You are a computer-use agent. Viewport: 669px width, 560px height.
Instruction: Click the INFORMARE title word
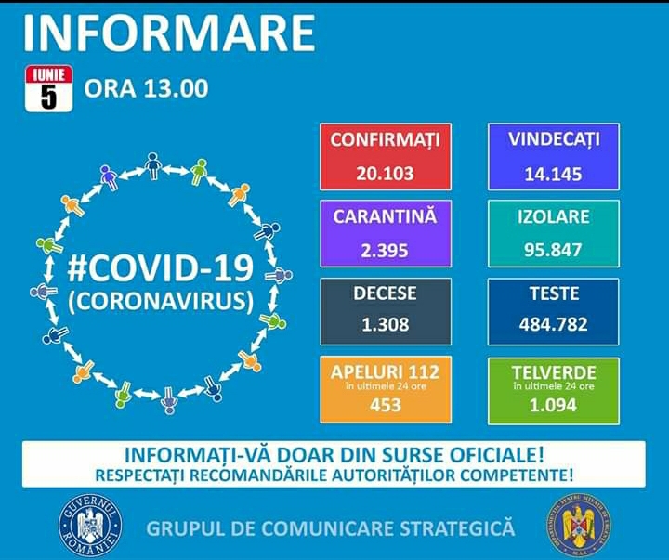[x=168, y=33]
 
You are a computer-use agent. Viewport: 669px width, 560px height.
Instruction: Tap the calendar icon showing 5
[x=48, y=89]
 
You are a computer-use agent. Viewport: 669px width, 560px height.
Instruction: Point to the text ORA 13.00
[x=146, y=88]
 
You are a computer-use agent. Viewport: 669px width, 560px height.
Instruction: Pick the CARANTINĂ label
[x=385, y=216]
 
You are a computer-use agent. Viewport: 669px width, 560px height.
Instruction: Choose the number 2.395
[x=385, y=250]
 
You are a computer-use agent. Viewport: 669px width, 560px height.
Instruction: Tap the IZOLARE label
[x=554, y=216]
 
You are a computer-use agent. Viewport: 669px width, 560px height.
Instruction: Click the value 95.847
[x=554, y=250]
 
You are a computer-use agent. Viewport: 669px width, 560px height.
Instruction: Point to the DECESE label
[x=385, y=293]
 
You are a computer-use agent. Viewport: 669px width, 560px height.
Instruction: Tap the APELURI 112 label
[x=385, y=371]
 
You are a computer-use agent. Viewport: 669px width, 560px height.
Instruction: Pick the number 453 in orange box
[x=385, y=405]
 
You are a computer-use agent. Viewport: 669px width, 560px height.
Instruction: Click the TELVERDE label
[x=554, y=371]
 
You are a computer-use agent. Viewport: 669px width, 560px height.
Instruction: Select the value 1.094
[x=554, y=405]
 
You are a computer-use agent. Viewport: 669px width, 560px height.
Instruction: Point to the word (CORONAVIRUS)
[x=161, y=301]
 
